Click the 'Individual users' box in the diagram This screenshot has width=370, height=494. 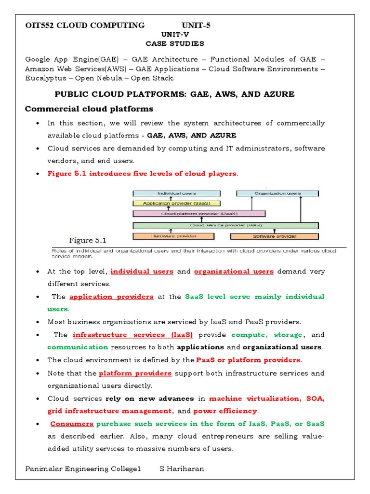(172, 193)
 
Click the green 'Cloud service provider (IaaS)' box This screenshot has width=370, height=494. (226, 225)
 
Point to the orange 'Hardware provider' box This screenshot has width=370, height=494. (172, 236)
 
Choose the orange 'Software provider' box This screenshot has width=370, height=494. (274, 236)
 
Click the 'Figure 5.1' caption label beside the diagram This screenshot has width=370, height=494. (88, 240)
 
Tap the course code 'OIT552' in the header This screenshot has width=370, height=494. (40, 25)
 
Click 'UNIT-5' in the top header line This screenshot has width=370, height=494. (196, 25)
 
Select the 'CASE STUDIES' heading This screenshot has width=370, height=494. (175, 43)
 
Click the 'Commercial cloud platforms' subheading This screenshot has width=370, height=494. (89, 109)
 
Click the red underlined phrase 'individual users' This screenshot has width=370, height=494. (142, 272)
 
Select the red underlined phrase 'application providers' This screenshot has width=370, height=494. (111, 297)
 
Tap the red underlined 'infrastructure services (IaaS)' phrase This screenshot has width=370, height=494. (132, 334)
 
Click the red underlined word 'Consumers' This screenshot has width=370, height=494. (72, 424)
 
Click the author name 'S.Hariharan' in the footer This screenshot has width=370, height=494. (182, 469)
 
